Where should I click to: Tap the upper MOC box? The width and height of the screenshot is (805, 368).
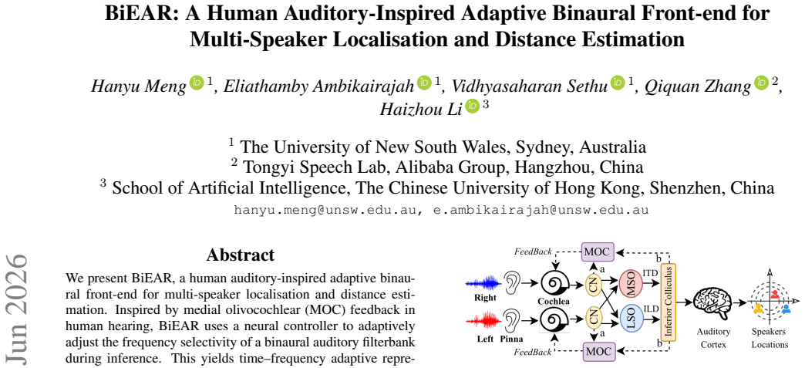597,252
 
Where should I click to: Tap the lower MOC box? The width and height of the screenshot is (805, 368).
597,352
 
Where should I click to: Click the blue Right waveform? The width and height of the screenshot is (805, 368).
482,282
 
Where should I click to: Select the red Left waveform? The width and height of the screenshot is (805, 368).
482,323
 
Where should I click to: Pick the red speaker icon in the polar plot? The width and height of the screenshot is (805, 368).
775,295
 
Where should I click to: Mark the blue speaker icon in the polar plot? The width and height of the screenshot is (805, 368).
786,309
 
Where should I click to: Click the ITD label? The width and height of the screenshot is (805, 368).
650,273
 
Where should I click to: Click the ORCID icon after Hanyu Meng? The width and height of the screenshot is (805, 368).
197,83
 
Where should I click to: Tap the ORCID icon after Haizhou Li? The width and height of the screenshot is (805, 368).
472,106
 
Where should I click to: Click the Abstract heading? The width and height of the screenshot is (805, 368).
241,255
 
